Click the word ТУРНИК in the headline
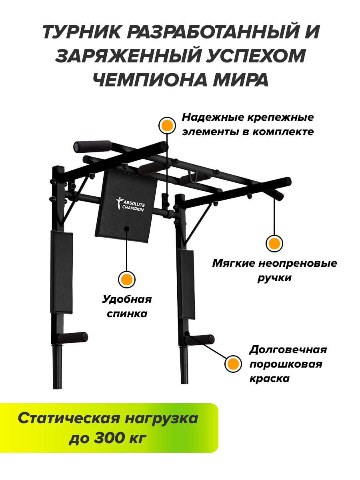82,32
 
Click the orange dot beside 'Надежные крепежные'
167,126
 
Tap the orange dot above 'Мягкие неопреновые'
274,243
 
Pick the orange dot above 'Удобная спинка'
127,280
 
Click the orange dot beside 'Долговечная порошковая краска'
233,364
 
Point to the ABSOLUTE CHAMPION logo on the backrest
130,204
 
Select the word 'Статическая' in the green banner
69,418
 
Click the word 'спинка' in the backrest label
127,314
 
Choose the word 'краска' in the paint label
270,378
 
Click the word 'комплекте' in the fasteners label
284,132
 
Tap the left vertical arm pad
62,272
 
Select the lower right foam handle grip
200,340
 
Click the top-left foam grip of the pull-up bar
93,146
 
